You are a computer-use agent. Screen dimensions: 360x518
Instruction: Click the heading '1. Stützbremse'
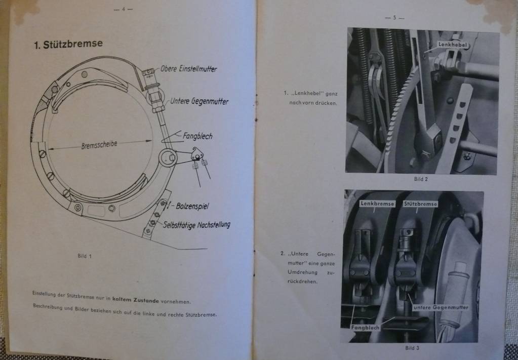(68, 44)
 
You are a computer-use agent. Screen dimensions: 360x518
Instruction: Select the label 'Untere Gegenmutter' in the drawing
(199, 101)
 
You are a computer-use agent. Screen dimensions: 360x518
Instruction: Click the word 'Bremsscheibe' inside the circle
(99, 144)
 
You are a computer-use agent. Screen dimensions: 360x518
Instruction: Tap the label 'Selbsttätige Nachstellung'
(196, 224)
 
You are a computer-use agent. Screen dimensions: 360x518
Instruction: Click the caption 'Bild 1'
(85, 256)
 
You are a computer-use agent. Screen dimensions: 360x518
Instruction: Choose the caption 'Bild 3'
(412, 347)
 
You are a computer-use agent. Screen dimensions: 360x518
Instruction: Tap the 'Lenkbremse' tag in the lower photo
(377, 204)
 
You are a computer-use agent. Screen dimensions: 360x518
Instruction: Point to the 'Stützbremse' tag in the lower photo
(420, 204)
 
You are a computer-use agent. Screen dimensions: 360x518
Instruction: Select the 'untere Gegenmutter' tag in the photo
(441, 307)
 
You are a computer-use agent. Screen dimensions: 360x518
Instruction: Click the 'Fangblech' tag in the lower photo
(365, 328)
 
